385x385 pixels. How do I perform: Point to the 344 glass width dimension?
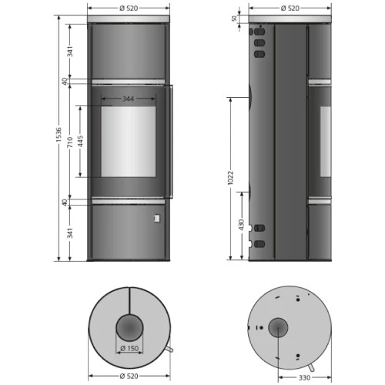point(129,99)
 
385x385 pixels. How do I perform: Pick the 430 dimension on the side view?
point(242,224)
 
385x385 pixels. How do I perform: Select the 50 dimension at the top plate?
point(233,18)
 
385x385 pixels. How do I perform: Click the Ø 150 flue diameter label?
point(129,348)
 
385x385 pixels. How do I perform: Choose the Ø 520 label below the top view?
point(129,377)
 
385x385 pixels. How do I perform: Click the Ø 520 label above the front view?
point(129,8)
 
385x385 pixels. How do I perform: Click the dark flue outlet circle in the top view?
point(129,328)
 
